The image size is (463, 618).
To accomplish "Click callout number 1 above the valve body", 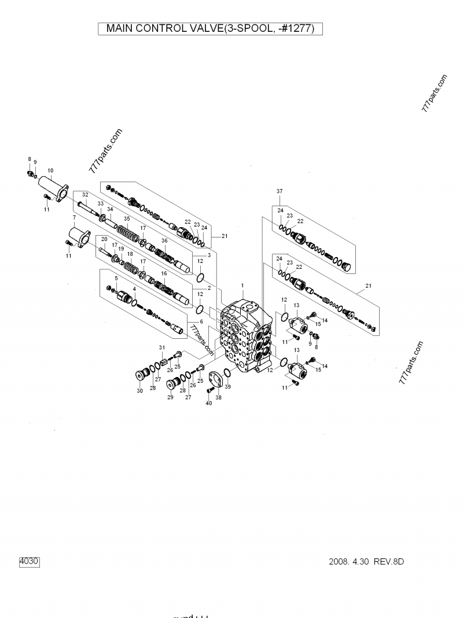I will pos(242,286).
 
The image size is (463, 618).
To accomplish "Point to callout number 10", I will pos(50,170).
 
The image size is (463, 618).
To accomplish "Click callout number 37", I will pos(280,191).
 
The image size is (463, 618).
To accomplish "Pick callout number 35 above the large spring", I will pos(127,219).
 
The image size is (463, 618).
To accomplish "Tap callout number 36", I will pos(164,240).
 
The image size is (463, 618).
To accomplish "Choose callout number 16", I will pos(164,273).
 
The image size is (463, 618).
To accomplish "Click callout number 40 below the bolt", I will pos(209,403).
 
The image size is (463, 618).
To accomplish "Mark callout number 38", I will pos(218,398).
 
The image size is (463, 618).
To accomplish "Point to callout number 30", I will pos(139,392).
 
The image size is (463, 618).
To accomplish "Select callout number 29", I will pos(170,398).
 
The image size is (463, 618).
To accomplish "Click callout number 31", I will pos(163,347).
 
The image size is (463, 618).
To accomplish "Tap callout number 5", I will pos(116,279).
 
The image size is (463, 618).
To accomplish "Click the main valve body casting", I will pos(246,336).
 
